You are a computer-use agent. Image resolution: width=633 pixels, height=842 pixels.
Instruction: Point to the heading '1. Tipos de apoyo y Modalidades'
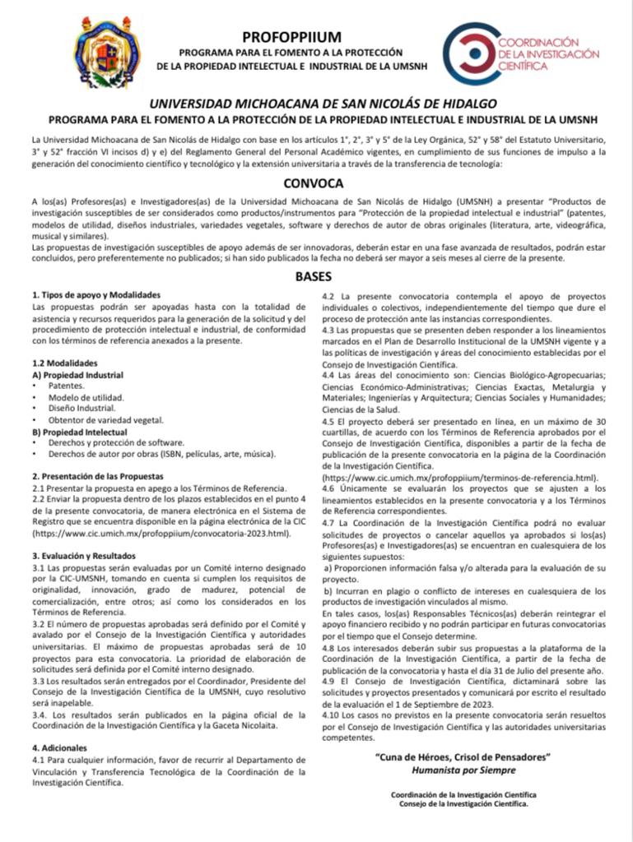pyautogui.click(x=96, y=294)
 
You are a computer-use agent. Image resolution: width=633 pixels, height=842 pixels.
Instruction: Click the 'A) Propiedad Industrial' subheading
pyautogui.click(x=77, y=374)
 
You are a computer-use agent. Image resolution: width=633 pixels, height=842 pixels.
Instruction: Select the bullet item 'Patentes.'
pyautogui.click(x=66, y=385)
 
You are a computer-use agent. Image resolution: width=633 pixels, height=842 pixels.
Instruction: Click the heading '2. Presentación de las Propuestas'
pyautogui.click(x=98, y=476)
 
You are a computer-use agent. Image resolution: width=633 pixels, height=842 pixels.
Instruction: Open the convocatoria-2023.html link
pyautogui.click(x=161, y=533)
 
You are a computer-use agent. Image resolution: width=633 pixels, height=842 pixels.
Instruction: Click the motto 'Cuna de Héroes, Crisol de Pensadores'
pyautogui.click(x=463, y=756)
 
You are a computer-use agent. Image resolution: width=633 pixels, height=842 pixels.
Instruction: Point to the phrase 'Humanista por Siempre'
pyautogui.click(x=463, y=770)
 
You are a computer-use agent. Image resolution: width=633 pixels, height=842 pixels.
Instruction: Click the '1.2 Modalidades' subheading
pyautogui.click(x=65, y=363)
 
